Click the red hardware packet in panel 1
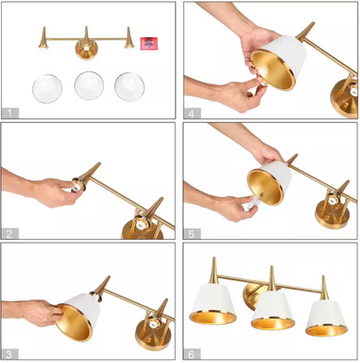pyautogui.click(x=149, y=43)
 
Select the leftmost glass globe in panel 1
pyautogui.click(x=48, y=88)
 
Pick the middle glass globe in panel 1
pyautogui.click(x=89, y=86)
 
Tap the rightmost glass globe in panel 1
pyautogui.click(x=129, y=87)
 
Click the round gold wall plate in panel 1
pyautogui.click(x=86, y=50)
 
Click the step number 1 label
pyautogui.click(x=10, y=113)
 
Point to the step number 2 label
pyautogui.click(x=10, y=233)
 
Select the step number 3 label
pyautogui.click(x=10, y=354)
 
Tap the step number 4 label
pyautogui.click(x=192, y=113)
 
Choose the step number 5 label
pyautogui.click(x=192, y=234)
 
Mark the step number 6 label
pyautogui.click(x=192, y=354)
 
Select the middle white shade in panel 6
pyautogui.click(x=273, y=310)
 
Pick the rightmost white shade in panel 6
pyautogui.click(x=326, y=318)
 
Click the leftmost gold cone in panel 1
pyautogui.click(x=43, y=37)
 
